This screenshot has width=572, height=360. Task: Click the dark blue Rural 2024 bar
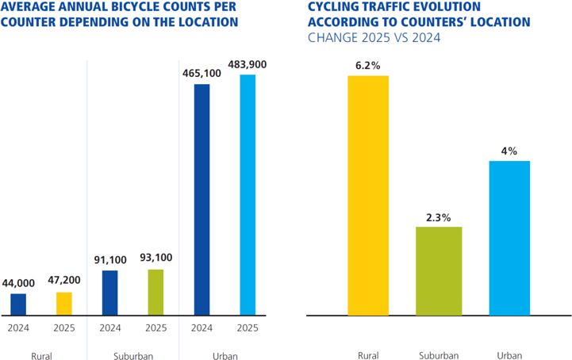(x=18, y=304)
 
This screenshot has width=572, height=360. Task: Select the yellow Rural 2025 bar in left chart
(x=64, y=304)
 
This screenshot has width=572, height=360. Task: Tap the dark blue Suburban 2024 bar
(x=110, y=293)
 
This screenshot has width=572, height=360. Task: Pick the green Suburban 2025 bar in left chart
(x=156, y=292)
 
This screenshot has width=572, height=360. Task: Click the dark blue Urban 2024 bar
(x=202, y=199)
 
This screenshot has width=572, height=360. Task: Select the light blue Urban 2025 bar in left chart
(x=248, y=195)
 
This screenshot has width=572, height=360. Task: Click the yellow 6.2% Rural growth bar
(x=368, y=196)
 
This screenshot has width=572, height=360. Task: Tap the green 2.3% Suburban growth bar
(x=439, y=271)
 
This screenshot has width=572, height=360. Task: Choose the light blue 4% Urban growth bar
(x=509, y=238)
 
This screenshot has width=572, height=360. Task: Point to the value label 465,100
(x=202, y=72)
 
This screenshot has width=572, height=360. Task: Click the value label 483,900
(x=248, y=63)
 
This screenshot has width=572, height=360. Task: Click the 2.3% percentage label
(x=439, y=214)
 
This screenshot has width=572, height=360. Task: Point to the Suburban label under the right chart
(x=439, y=355)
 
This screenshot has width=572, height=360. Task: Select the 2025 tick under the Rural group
(x=64, y=327)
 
